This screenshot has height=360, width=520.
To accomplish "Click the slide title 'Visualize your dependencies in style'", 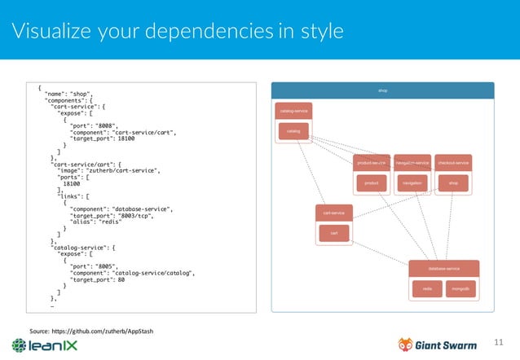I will point(177,31).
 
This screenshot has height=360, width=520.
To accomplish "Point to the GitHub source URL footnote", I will point(91,331).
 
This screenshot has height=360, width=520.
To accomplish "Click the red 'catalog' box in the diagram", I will point(293,130).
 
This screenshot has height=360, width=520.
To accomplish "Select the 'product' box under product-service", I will point(371,183).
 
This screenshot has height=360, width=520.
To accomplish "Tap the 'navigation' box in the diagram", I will point(412,183).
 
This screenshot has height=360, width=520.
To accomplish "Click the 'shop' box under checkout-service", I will point(453,183).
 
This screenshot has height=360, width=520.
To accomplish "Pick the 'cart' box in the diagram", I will point(333,233).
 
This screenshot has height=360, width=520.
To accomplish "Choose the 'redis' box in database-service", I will point(427,288).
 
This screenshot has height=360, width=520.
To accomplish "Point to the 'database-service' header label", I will point(444,268).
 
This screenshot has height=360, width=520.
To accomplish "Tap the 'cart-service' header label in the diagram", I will point(333,213).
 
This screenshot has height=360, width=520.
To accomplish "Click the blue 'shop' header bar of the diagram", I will point(382,90).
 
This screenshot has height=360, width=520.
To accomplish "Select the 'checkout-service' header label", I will point(453,163).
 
